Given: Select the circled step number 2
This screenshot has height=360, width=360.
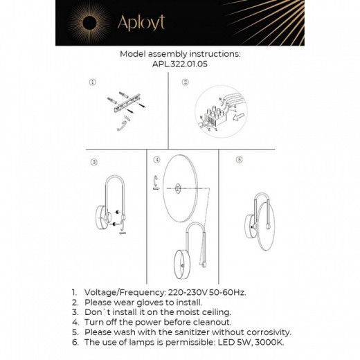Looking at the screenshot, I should coord(185,82).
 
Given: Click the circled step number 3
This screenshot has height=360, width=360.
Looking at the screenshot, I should coord(94,163).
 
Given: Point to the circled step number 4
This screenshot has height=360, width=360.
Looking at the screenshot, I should coord(157,160).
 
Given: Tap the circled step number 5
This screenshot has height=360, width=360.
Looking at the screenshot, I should coord(239,159).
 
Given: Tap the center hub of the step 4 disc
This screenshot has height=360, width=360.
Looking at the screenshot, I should coord(177,186).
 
